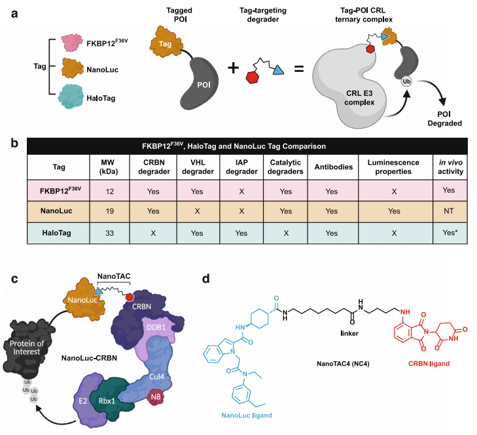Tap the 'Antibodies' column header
pos(338,167)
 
